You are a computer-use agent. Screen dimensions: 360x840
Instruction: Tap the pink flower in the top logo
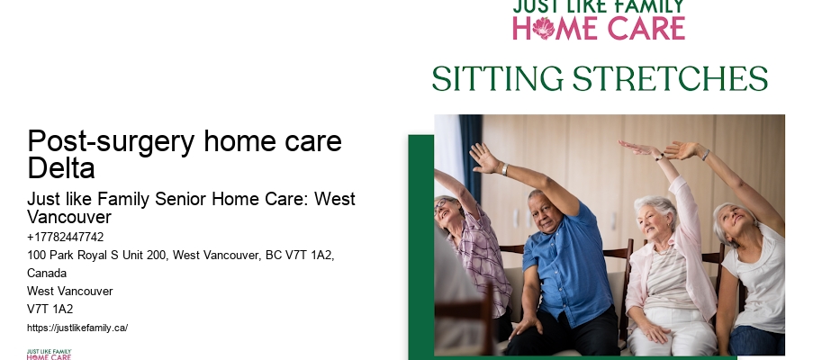pos(544,28)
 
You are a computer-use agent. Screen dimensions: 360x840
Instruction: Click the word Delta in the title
pos(61,168)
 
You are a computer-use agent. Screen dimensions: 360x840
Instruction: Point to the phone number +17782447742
pos(66,238)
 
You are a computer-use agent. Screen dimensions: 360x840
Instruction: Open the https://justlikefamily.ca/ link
pos(77,328)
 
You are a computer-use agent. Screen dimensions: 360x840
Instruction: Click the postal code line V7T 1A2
pos(50,310)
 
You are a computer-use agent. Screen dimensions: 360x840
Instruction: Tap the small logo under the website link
pos(50,354)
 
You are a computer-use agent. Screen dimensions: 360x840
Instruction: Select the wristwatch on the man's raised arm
pos(505,169)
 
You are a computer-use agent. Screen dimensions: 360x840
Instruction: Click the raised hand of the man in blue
pos(482,157)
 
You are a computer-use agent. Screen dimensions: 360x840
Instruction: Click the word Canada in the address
pos(48,274)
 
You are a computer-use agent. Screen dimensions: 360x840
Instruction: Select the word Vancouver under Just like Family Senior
pos(69,218)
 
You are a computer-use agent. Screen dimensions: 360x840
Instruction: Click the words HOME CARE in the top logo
pos(599,28)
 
